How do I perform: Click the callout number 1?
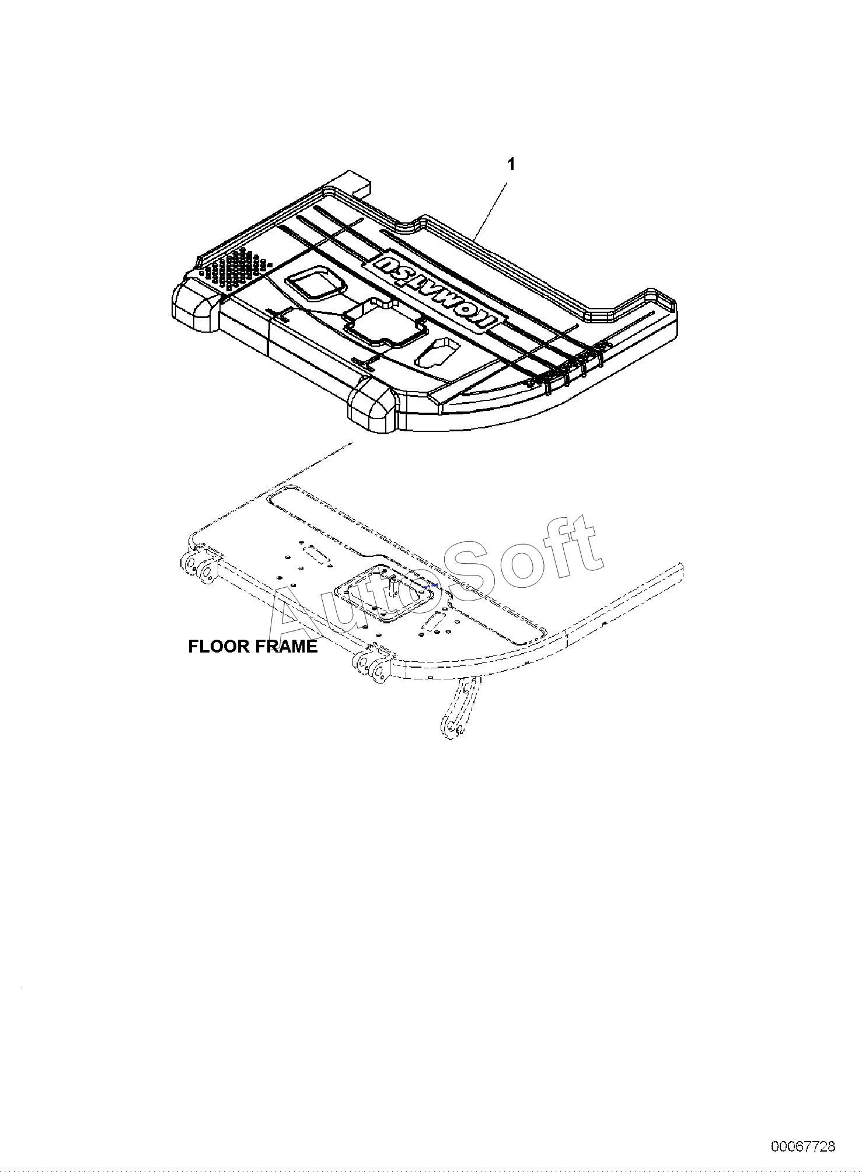(x=511, y=165)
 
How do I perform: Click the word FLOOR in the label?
(x=215, y=647)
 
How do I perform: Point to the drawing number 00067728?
(x=803, y=1146)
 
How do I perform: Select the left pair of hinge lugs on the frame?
(x=197, y=566)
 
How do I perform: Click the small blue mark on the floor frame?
(x=432, y=585)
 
